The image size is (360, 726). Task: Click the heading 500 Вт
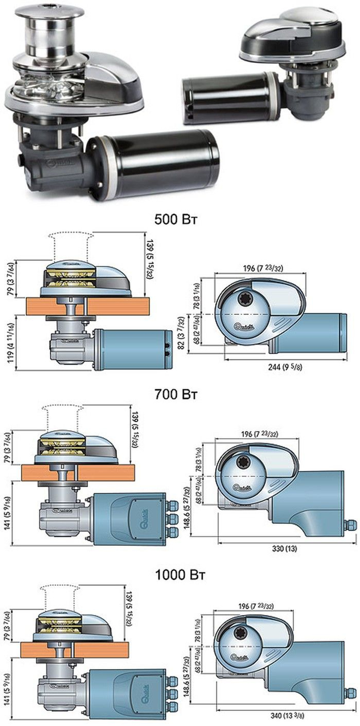pyautogui.click(x=176, y=220)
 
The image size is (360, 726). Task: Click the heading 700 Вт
pyautogui.click(x=176, y=394)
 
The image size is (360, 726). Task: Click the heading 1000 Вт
pyautogui.click(x=180, y=575)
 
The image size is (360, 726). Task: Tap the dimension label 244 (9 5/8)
pyautogui.click(x=284, y=367)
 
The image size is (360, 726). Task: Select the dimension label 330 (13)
pyautogui.click(x=285, y=549)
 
